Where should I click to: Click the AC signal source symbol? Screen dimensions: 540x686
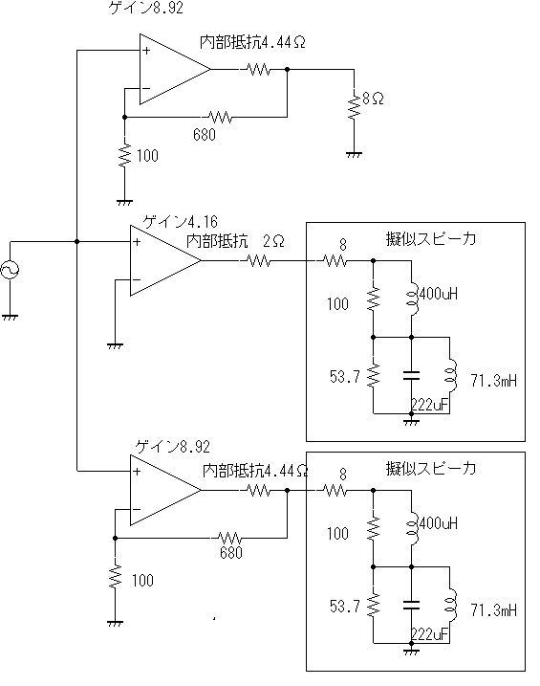click(x=10, y=270)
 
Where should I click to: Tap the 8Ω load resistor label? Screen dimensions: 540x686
click(x=373, y=99)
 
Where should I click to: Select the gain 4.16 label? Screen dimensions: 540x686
click(x=180, y=222)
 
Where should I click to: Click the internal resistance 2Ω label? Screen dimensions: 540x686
click(x=235, y=240)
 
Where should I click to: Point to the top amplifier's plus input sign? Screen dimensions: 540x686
click(x=146, y=51)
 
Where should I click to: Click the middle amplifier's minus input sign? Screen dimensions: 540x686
click(x=137, y=280)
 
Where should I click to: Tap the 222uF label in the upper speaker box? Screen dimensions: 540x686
click(x=430, y=405)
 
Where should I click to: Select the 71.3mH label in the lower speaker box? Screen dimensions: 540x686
click(x=493, y=609)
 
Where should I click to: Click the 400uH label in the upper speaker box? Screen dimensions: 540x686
click(x=438, y=294)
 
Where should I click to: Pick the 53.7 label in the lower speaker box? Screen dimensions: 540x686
click(x=345, y=606)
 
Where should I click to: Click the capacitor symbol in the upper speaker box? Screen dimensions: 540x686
click(x=411, y=375)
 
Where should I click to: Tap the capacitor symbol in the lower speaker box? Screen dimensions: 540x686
click(x=411, y=605)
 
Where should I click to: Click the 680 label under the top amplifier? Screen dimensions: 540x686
click(x=205, y=134)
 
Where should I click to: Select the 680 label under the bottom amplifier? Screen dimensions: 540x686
click(x=231, y=553)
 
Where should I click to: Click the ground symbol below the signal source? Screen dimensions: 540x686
click(x=10, y=317)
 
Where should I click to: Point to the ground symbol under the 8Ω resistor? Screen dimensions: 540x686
click(x=354, y=155)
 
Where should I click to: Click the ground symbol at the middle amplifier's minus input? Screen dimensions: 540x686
click(x=115, y=345)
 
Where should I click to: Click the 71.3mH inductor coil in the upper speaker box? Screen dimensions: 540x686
click(x=451, y=375)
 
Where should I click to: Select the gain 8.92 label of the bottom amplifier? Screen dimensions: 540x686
click(x=173, y=447)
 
